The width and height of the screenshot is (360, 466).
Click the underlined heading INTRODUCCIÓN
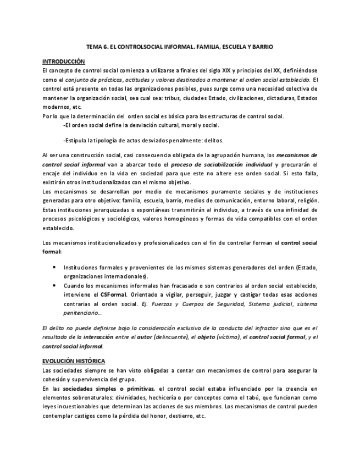tap(64, 62)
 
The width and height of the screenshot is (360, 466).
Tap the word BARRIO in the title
tap(261, 48)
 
